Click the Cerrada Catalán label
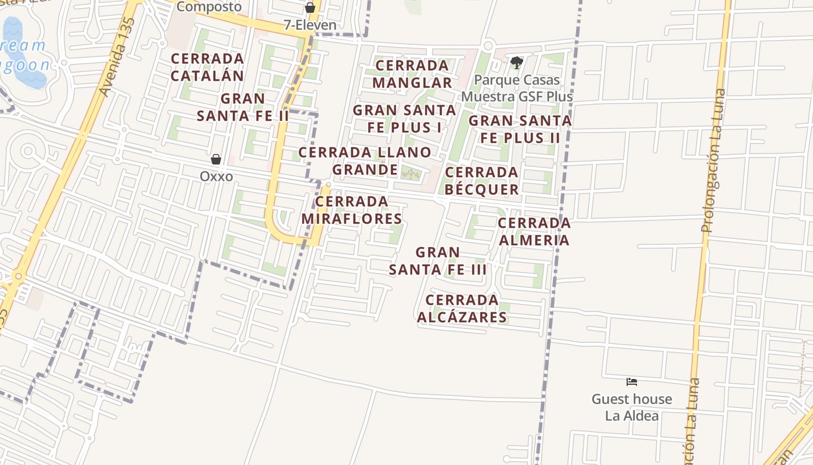pyautogui.click(x=207, y=67)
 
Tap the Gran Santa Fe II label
pyautogui.click(x=243, y=107)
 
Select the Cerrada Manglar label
pyautogui.click(x=412, y=74)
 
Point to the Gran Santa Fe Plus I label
pyautogui.click(x=404, y=119)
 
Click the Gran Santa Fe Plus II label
pyautogui.click(x=520, y=129)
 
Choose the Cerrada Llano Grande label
pyautogui.click(x=365, y=161)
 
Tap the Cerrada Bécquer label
pyautogui.click(x=481, y=181)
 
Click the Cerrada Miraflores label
pyautogui.click(x=352, y=210)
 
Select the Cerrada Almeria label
pyautogui.click(x=534, y=231)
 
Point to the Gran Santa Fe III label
pyautogui.click(x=438, y=261)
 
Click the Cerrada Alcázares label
pyautogui.click(x=462, y=308)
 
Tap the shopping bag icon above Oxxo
pyautogui.click(x=216, y=159)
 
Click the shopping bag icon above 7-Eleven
pyautogui.click(x=310, y=8)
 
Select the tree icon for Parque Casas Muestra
pyautogui.click(x=516, y=62)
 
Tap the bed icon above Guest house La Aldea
pyautogui.click(x=632, y=382)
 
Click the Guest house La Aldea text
pyautogui.click(x=632, y=407)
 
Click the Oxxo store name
pyautogui.click(x=216, y=176)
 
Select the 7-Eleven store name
pyautogui.click(x=310, y=25)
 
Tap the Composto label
pyautogui.click(x=208, y=7)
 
